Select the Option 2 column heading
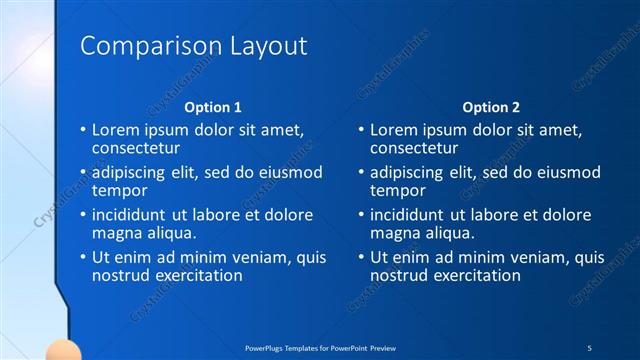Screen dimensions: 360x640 [491, 107]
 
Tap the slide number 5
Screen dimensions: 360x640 [589, 346]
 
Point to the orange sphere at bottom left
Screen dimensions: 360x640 [64, 351]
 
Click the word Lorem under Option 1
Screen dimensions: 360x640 [115, 130]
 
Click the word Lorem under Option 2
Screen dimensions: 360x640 [393, 130]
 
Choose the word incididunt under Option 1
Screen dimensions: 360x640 [131, 215]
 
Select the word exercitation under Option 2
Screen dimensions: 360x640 [474, 275]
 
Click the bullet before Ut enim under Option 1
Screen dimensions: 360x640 [83, 258]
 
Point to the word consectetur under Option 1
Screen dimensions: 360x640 [136, 148]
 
